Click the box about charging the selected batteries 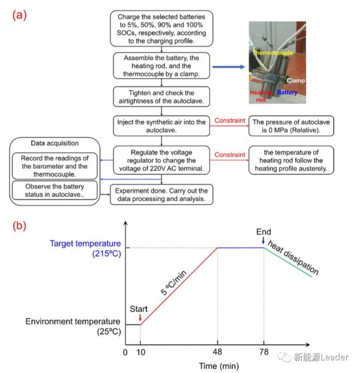coord(161,28)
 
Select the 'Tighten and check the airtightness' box coord(161,97)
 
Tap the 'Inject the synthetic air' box coord(161,126)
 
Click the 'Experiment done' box coord(161,195)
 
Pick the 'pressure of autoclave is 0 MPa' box coord(291,126)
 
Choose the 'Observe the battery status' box coord(55,190)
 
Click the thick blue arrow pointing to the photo coord(229,67)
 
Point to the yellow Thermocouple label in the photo coord(272,53)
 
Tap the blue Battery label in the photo coord(287,92)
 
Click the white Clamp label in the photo coord(296,80)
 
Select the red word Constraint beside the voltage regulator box coord(230,154)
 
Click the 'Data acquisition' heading coord(55,143)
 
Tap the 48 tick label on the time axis coord(217,352)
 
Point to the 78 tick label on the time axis coord(264,352)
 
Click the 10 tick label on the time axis coord(140,352)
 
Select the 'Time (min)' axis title coord(218,366)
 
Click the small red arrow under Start coord(140,317)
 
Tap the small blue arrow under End coord(263,240)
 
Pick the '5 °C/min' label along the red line coord(174,283)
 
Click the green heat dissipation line coord(288,262)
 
